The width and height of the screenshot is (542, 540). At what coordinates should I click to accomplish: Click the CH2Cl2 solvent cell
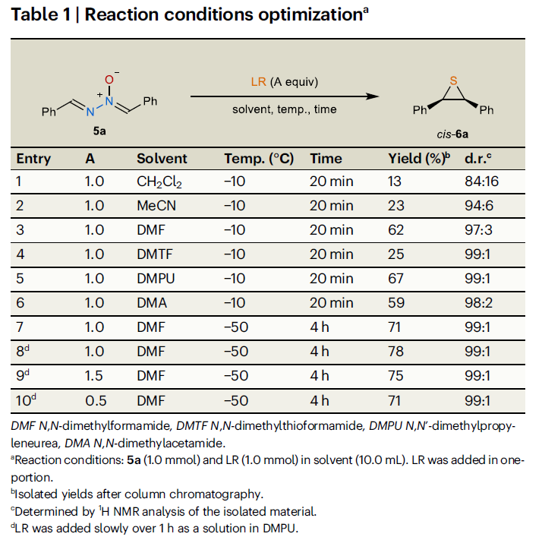(x=159, y=182)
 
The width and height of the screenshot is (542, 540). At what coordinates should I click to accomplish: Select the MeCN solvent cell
(x=156, y=206)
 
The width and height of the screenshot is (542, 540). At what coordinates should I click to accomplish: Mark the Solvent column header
(x=162, y=159)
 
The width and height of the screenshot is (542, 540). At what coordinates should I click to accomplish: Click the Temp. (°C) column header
(x=259, y=159)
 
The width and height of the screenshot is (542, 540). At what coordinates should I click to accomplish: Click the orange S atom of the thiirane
(x=453, y=80)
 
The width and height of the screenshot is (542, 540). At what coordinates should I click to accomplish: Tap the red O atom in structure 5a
(x=109, y=80)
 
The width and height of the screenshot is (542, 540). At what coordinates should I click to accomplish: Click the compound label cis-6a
(x=452, y=134)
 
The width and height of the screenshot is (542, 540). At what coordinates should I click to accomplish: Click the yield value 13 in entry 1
(x=395, y=182)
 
